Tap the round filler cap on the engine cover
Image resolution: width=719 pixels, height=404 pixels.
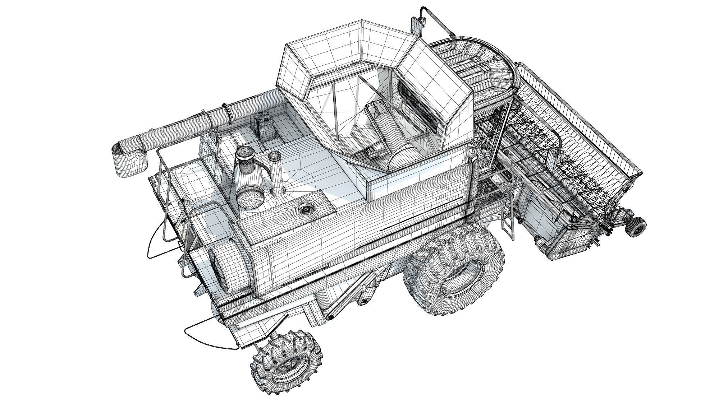[306, 208]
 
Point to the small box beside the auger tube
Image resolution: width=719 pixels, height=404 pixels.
[209, 144]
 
